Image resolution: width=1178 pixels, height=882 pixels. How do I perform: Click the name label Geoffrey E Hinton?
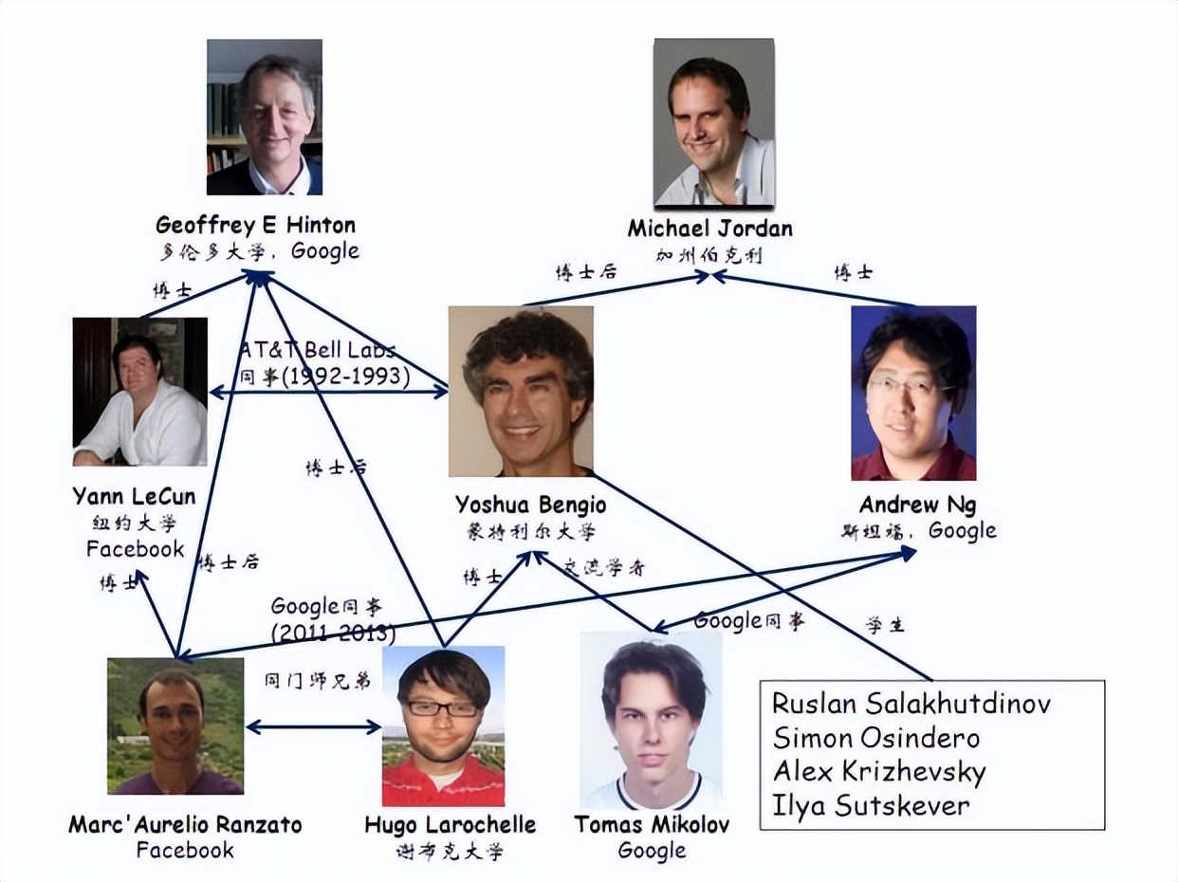pos(255,226)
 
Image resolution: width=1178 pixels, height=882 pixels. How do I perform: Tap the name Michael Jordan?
pos(709,229)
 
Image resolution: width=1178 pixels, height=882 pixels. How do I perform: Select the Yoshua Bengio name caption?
pos(530,505)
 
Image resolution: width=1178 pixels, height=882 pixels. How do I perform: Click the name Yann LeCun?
pos(134,497)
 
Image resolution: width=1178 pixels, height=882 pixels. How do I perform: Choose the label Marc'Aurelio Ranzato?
pos(185,824)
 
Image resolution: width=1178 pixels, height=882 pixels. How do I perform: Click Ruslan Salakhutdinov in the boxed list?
pos(911,704)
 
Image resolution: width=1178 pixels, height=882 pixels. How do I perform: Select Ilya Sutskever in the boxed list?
pos(871,806)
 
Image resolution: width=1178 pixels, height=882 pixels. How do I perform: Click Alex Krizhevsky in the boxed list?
pos(879,772)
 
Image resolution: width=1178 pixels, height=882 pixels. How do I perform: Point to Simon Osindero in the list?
pos(875,738)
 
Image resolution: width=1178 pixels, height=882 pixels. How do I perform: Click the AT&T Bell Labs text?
pos(317,350)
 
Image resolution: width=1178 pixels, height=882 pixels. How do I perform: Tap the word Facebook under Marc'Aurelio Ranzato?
pos(185,850)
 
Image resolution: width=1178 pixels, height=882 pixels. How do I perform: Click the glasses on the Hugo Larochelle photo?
pos(442,707)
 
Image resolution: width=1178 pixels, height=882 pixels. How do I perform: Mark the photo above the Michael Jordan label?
pos(714,122)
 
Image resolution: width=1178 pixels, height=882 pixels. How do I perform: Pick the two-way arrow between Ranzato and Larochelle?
pos(313,727)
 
